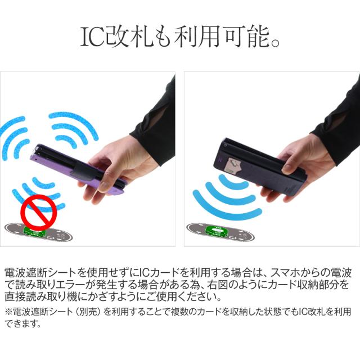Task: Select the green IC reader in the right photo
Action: point(216,231)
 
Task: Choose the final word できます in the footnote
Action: point(22,323)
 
